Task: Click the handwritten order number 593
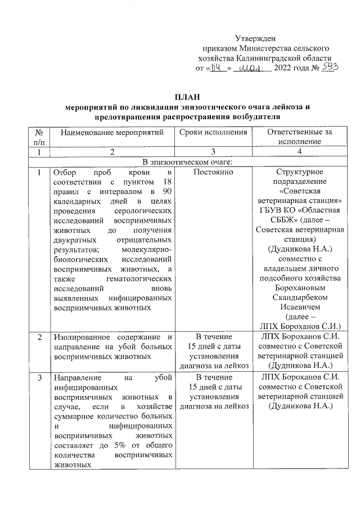pyautogui.click(x=330, y=67)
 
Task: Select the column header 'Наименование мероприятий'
pyautogui.click(x=112, y=133)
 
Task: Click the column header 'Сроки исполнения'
pyautogui.click(x=213, y=133)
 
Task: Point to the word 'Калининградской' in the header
pyautogui.click(x=267, y=57)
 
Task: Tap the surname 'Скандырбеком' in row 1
pyautogui.click(x=299, y=298)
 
